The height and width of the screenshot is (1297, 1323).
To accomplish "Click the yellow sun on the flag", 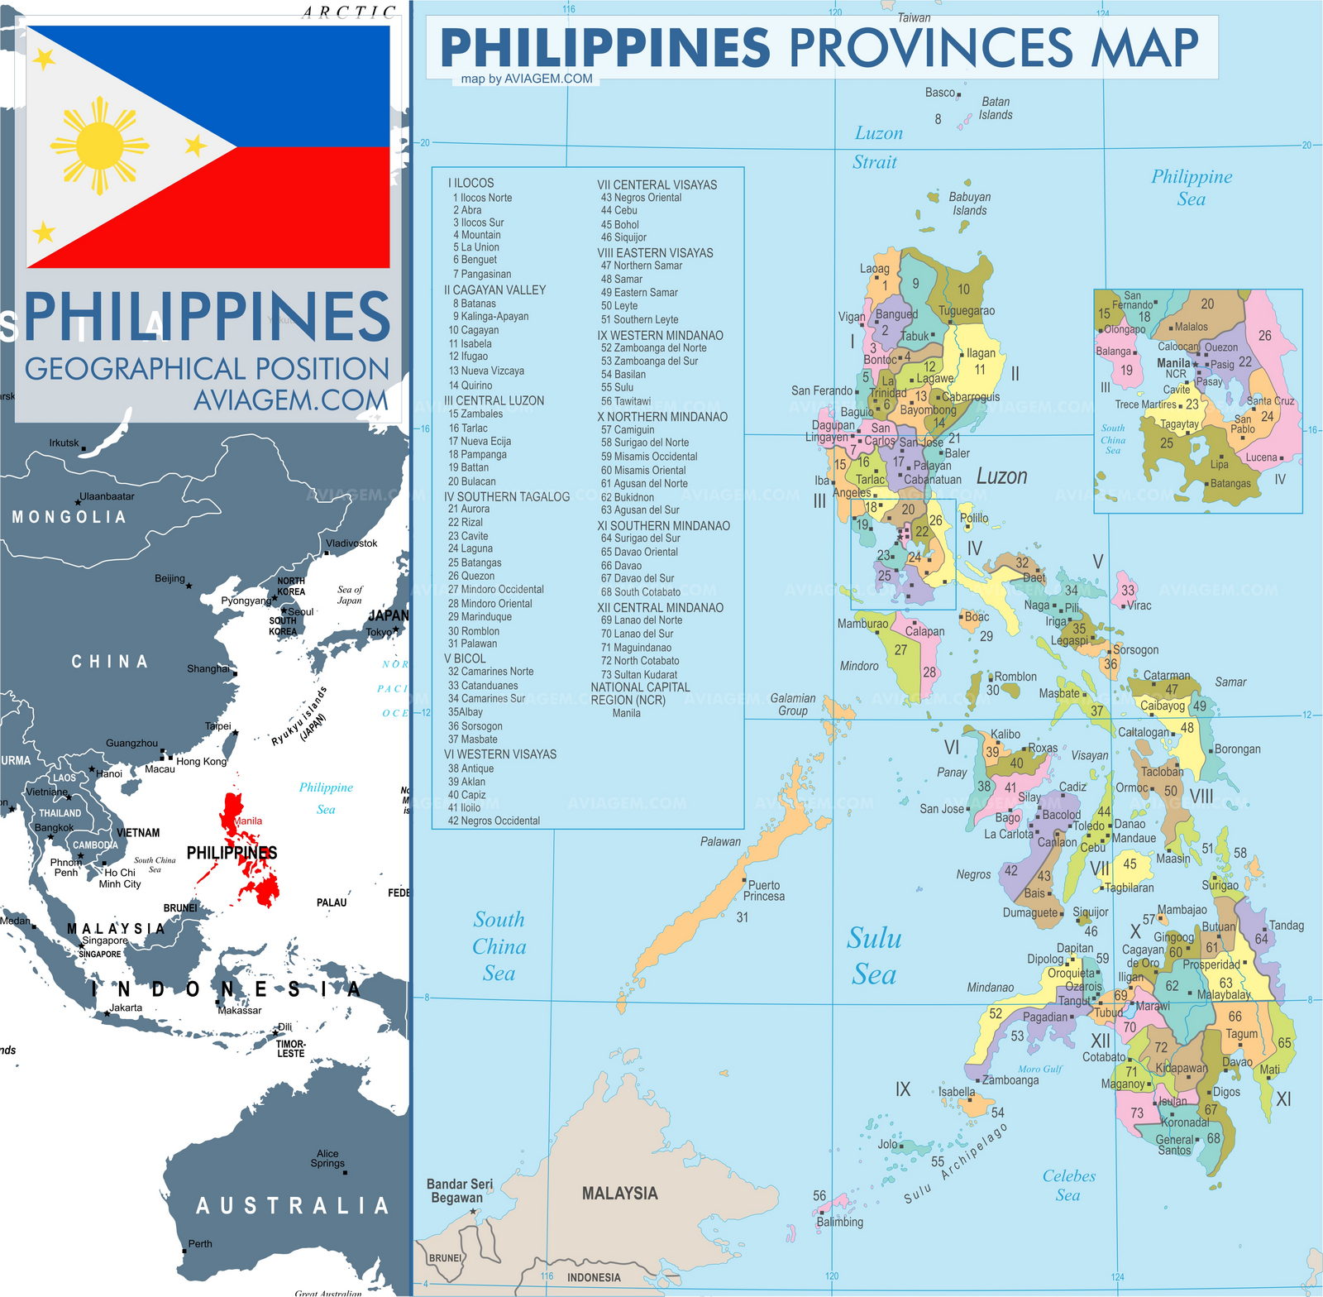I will coord(99,146).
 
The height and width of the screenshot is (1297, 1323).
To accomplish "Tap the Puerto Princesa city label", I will coord(763,891).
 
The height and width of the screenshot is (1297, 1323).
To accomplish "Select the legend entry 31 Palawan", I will coord(472,644).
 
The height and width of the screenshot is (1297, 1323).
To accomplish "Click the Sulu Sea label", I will coord(874,956).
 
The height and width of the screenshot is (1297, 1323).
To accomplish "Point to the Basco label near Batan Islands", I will coord(940,93).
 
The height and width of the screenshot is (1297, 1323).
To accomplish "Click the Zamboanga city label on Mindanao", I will coord(1010,1079).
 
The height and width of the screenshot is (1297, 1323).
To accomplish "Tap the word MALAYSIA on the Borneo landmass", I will coord(619,1194).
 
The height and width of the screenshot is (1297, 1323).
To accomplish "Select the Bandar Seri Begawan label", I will coord(459,1191).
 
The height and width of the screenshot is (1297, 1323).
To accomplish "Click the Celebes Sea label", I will coord(1068,1185).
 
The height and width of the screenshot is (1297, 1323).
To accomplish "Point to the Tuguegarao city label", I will coord(967,311).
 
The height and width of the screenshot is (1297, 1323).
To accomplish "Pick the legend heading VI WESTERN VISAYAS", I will coord(499,754).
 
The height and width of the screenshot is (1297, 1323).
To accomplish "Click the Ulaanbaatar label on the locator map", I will coord(107,496).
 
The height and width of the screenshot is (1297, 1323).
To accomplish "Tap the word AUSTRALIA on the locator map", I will coord(292,1206).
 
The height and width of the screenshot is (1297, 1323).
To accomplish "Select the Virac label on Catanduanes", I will coord(1139,605).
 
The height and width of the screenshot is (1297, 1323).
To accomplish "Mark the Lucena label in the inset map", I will coord(1261,457).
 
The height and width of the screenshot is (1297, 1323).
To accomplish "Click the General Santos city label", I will coord(1174,1145).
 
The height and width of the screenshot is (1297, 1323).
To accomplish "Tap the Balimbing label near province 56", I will coord(839,1222).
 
